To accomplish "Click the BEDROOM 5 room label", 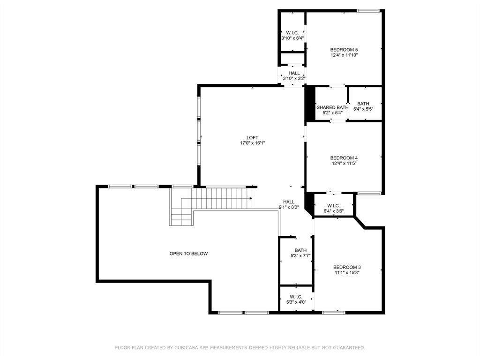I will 344,50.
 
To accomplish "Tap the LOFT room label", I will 252,138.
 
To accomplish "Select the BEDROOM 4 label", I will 344,158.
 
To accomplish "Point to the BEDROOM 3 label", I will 347,267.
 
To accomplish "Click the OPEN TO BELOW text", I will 188,254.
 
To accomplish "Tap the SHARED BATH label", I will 332,107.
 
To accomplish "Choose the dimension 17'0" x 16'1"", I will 253,143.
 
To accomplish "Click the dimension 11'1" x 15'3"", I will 347,273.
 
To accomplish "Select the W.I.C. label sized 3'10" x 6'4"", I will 292,32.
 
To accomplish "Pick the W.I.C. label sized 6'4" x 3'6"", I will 333,205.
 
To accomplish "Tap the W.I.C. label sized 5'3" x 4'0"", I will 296,297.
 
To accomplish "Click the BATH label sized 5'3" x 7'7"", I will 300,250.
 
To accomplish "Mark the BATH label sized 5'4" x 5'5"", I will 363,104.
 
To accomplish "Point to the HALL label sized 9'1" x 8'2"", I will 289,202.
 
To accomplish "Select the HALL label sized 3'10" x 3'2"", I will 294,73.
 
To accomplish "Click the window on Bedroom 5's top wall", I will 368,11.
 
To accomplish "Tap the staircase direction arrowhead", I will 251,198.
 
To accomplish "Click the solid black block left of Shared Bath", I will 309,104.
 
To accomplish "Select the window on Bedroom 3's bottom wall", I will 334,312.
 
